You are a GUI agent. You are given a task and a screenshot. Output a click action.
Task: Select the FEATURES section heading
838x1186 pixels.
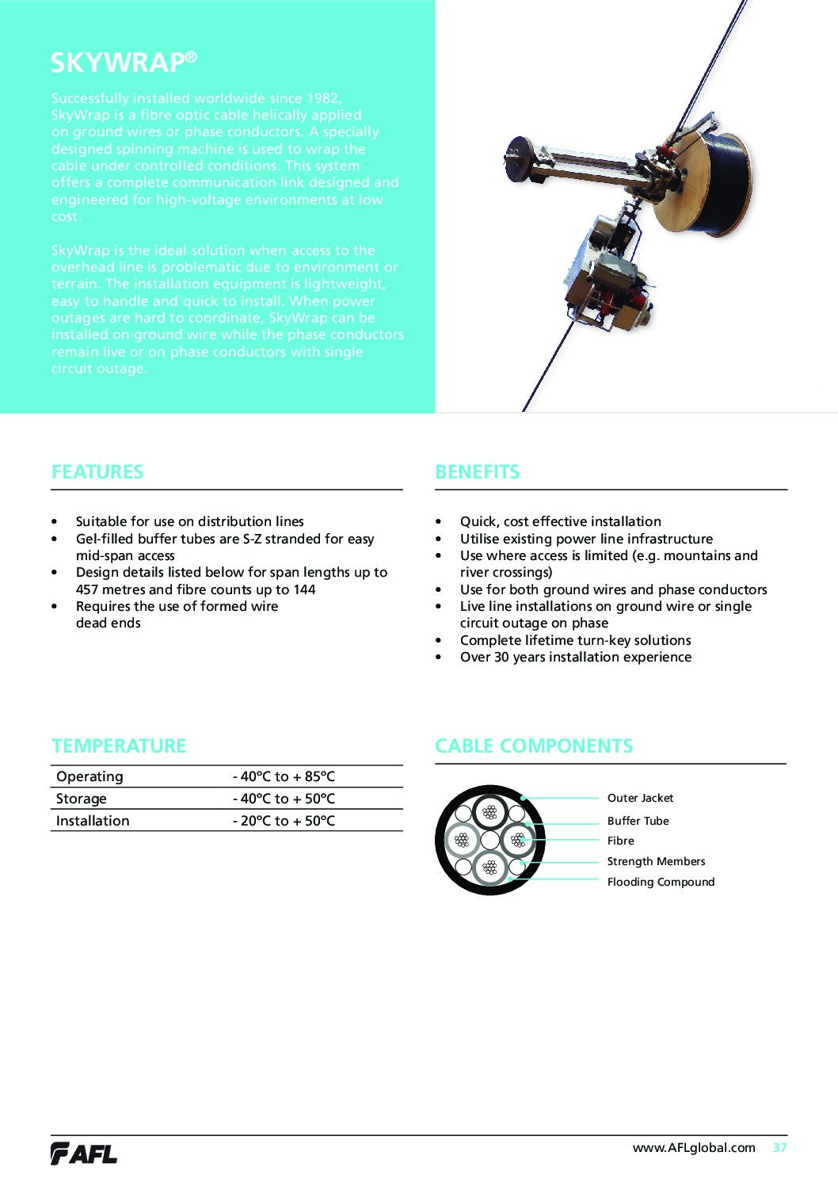(x=97, y=472)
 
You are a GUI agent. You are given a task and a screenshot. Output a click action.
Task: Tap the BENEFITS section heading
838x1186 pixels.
(x=477, y=472)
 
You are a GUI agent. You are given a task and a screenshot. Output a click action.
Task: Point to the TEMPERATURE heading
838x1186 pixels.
(x=119, y=746)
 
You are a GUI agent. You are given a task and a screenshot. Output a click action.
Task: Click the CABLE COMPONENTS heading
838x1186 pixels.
(x=533, y=746)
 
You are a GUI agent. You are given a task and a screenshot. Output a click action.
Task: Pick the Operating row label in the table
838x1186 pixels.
(x=90, y=776)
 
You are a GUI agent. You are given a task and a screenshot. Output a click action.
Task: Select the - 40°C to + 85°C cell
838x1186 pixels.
(x=284, y=776)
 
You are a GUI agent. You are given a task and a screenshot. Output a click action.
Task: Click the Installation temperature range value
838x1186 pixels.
(x=284, y=821)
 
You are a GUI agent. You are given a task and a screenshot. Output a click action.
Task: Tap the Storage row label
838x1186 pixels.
(x=81, y=799)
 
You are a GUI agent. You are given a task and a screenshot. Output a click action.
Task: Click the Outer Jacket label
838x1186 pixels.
(x=640, y=798)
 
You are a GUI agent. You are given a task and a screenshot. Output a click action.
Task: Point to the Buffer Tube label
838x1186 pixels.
(x=638, y=821)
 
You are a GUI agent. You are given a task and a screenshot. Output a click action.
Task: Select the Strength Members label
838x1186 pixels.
(x=656, y=861)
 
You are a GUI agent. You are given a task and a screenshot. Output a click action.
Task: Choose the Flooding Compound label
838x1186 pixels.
(x=661, y=882)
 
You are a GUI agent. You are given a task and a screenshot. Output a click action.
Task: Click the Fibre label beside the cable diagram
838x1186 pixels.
(x=620, y=841)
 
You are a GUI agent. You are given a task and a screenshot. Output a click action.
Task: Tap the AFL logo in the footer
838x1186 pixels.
(x=84, y=1154)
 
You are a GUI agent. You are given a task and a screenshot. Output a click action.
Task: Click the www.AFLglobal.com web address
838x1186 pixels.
(x=694, y=1147)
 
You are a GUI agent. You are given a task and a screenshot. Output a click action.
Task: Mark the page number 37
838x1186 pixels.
(x=780, y=1147)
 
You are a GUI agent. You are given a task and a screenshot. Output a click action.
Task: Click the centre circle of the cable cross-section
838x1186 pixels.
(x=490, y=840)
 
